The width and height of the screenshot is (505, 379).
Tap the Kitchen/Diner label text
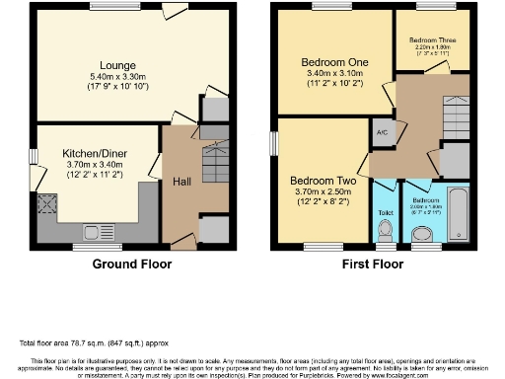pyautogui.click(x=91, y=154)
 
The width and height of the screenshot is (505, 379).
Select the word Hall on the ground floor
pyautogui.click(x=181, y=183)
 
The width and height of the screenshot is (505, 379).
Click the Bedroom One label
pyautogui.click(x=334, y=62)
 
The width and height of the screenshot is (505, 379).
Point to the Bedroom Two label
pyautogui.click(x=322, y=182)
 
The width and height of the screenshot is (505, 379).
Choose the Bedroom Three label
pyautogui.click(x=431, y=40)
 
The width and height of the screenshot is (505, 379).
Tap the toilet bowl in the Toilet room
pyautogui.click(x=386, y=229)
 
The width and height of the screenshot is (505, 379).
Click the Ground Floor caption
pyautogui.click(x=131, y=265)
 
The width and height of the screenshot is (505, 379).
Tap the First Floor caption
pyautogui.click(x=373, y=265)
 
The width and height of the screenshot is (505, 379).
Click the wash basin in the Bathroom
pyautogui.click(x=422, y=233)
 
